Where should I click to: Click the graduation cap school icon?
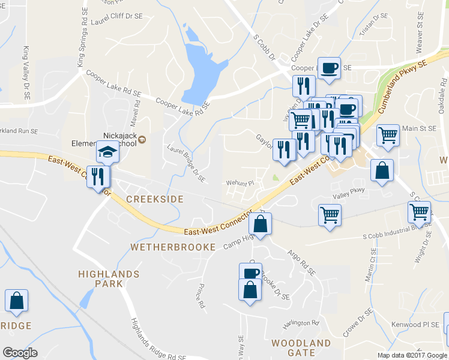(107, 152)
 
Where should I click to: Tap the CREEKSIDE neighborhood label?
(155, 199)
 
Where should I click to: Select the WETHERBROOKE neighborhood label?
(173, 247)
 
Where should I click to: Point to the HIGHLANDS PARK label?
(109, 278)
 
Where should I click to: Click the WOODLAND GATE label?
(301, 347)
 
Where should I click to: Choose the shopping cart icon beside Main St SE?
(388, 134)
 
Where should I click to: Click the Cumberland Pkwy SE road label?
(403, 88)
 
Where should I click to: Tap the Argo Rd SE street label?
(301, 263)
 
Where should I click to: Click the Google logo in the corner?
(20, 353)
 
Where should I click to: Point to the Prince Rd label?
(201, 296)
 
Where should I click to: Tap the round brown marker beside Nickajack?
(142, 140)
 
